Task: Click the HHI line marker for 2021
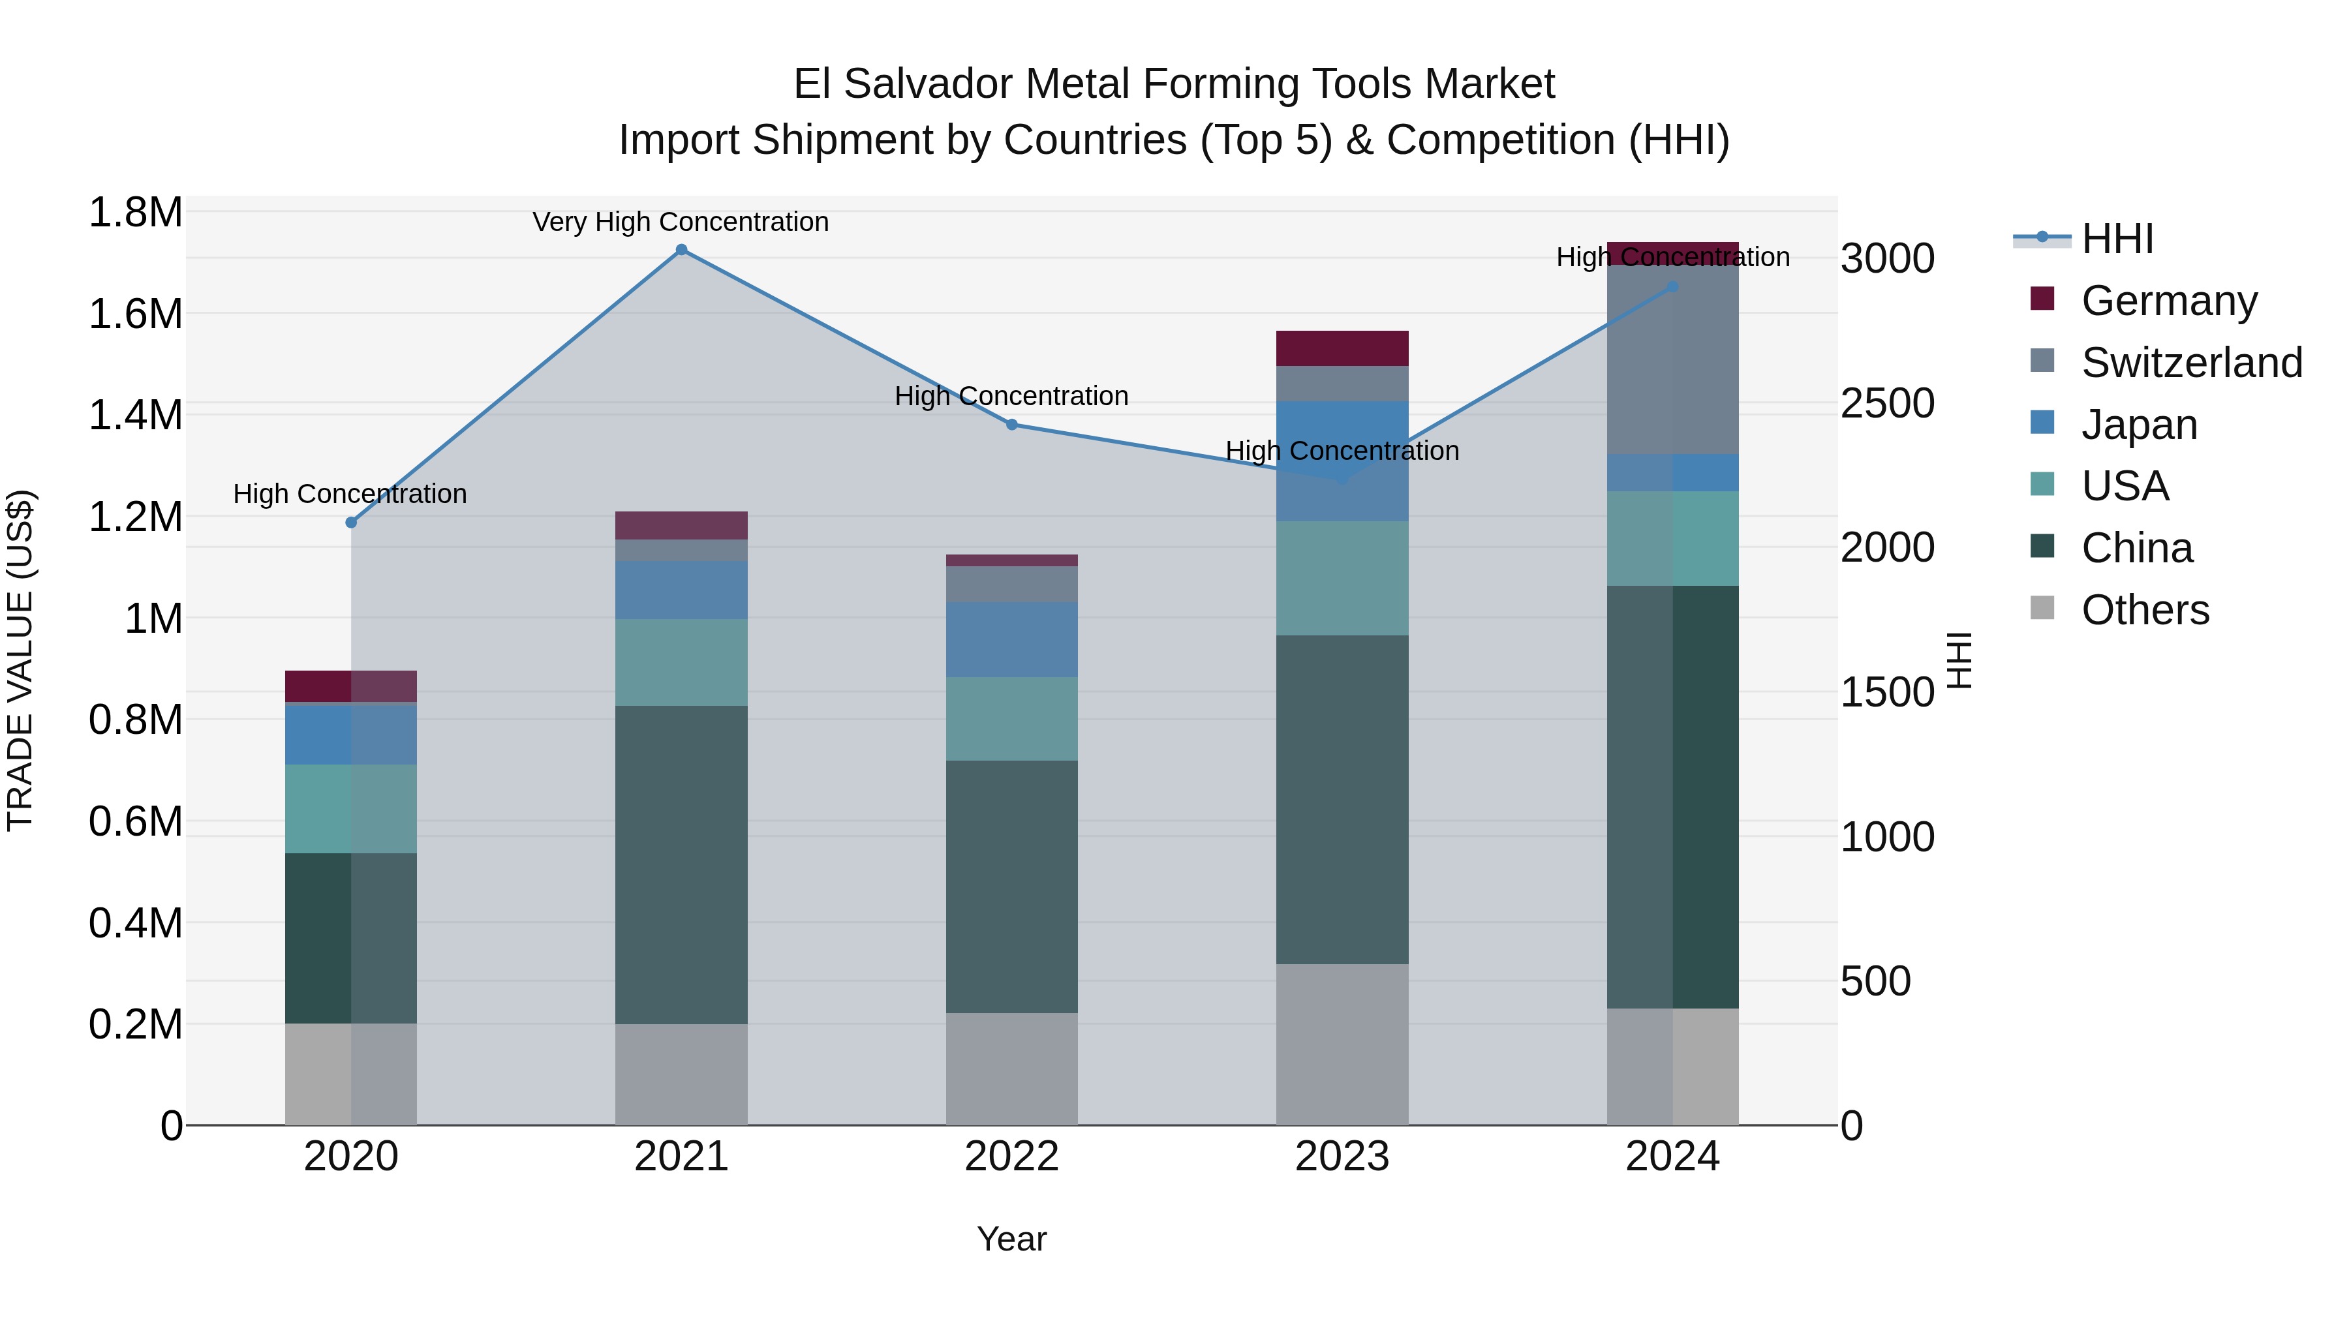681,250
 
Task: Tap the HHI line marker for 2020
351,523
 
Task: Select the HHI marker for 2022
1011,425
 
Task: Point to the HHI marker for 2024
1672,287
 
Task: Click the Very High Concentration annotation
681,222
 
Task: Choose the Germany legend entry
2168,301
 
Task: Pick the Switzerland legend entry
2191,363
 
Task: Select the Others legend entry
2145,610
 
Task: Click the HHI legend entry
2117,239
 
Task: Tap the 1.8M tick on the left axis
135,213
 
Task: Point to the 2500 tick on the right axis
1886,403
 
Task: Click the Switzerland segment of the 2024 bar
1672,359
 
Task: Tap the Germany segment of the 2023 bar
1342,348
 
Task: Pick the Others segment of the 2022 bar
1011,1069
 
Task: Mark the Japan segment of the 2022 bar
1011,639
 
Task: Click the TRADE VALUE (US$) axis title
20,660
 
